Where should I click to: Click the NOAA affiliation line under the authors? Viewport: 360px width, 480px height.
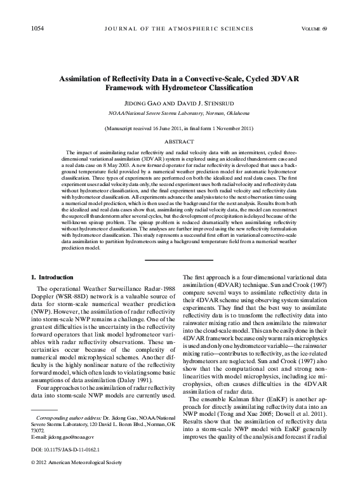180,112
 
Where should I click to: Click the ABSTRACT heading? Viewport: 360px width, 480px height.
180,142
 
